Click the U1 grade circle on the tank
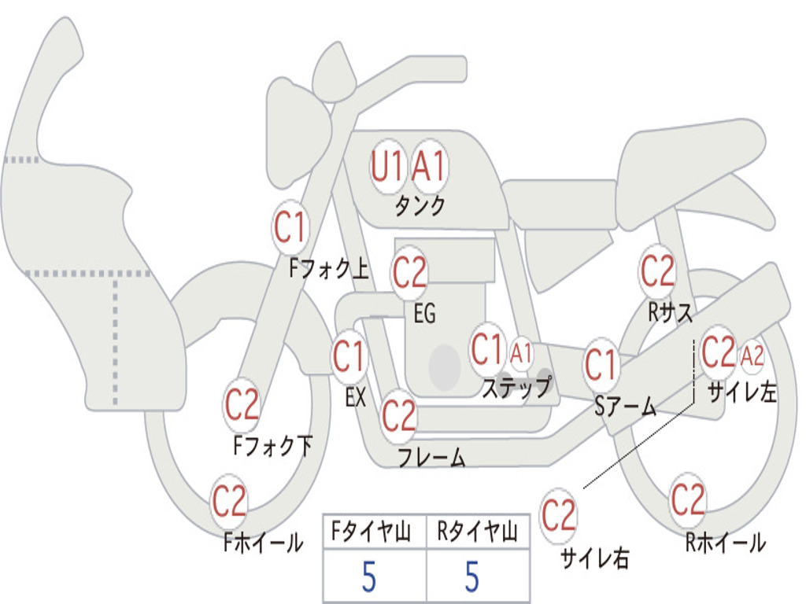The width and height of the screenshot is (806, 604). [387, 166]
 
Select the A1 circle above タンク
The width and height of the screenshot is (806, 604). [430, 166]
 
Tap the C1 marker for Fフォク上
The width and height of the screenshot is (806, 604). [290, 228]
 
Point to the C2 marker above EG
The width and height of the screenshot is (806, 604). [409, 273]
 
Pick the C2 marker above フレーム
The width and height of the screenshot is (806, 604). [398, 414]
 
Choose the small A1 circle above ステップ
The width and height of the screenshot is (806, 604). [521, 353]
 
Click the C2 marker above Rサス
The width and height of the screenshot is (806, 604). [657, 271]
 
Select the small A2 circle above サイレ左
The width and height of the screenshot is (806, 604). [752, 356]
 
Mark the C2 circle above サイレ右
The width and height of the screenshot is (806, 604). [559, 516]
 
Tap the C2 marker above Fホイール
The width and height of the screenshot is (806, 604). [229, 501]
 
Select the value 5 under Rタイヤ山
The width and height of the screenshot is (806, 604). [472, 577]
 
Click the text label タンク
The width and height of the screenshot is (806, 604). [420, 206]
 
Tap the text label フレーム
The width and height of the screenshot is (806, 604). [431, 457]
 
